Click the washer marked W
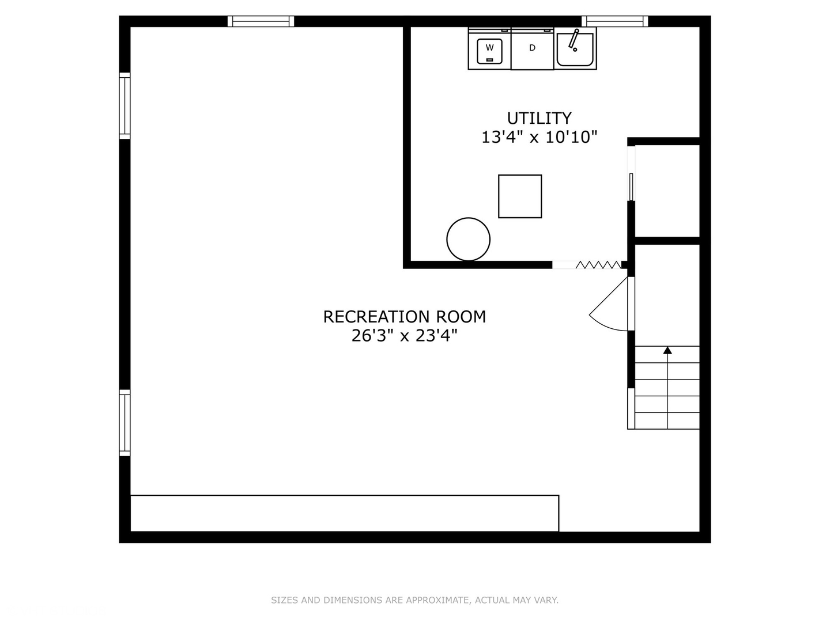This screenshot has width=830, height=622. tap(489, 50)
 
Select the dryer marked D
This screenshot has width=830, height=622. tap(532, 50)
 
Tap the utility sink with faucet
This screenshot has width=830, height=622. tap(575, 49)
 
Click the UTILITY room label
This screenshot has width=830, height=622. tap(539, 118)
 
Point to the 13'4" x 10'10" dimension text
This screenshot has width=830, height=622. tap(539, 137)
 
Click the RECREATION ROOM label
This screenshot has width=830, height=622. tap(404, 317)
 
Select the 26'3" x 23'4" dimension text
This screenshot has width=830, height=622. tap(404, 336)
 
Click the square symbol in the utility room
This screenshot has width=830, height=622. tap(520, 196)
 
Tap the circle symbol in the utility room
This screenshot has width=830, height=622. tap(469, 239)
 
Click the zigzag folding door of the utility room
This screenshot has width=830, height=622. tap(598, 265)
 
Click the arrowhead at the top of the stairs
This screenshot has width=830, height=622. tap(667, 350)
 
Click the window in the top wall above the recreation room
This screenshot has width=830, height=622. tap(261, 21)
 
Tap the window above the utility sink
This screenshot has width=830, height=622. tap(614, 21)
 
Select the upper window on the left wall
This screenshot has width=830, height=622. tap(124, 106)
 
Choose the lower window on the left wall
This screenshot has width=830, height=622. tap(124, 423)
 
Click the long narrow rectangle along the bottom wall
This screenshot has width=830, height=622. tap(344, 513)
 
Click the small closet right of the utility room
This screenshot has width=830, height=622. tap(667, 191)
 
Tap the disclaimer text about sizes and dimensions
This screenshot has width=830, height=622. tap(414, 600)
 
